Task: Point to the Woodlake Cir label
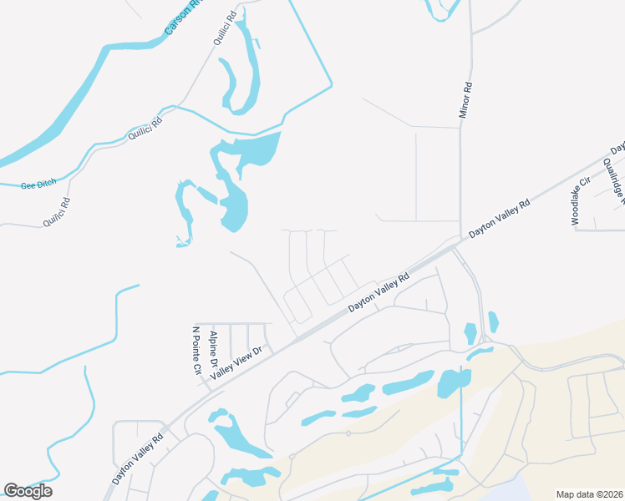click(581, 201)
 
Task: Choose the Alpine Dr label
click(215, 350)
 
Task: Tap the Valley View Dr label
click(236, 362)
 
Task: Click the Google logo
click(28, 491)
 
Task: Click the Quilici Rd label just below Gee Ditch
click(58, 212)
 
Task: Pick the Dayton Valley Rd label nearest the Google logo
click(138, 458)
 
